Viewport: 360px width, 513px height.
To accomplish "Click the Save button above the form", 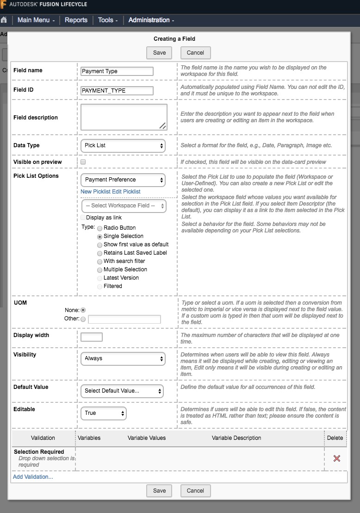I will click(159, 53).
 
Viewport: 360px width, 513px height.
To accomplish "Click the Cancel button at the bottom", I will click(195, 491).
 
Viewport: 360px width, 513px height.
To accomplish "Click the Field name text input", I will click(117, 71).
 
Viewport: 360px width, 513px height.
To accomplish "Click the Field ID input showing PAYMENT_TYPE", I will click(117, 91).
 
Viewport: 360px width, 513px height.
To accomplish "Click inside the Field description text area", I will click(124, 117).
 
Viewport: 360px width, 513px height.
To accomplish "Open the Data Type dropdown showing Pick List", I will click(123, 145).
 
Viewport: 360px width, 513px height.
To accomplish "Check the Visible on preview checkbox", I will click(83, 162).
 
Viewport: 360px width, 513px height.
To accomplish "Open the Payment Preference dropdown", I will click(123, 180).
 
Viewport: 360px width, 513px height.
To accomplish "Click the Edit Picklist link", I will click(126, 192).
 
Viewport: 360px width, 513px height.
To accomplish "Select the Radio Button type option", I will click(99, 228).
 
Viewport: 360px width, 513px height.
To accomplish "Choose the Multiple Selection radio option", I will click(99, 269).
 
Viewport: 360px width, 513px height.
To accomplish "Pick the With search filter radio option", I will click(99, 262).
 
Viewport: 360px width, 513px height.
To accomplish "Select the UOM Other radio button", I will click(83, 319).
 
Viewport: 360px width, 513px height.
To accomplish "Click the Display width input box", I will click(92, 337).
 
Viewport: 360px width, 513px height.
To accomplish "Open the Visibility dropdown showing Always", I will click(123, 358).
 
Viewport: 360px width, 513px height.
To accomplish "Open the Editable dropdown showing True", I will click(104, 413).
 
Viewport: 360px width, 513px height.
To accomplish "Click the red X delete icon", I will click(337, 458).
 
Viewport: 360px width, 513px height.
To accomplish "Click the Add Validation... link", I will click(33, 477).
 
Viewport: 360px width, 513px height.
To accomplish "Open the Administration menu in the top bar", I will click(151, 20).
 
